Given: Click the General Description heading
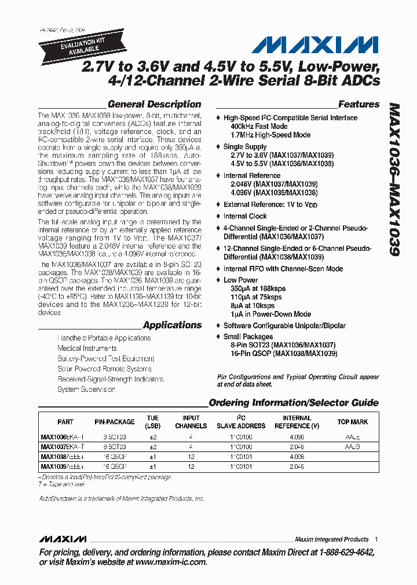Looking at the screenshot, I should (154, 105).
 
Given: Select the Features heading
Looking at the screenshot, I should (359, 105).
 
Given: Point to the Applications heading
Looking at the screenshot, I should (172, 325).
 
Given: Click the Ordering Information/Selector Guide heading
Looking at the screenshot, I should (293, 403).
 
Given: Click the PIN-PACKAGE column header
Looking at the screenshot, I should (115, 422).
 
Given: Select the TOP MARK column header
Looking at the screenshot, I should (352, 422).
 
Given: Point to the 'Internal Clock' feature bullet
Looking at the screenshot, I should (245, 216).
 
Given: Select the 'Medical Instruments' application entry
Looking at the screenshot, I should (87, 349).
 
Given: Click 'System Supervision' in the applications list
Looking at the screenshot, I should (86, 390).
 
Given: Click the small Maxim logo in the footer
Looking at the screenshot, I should (63, 539).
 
